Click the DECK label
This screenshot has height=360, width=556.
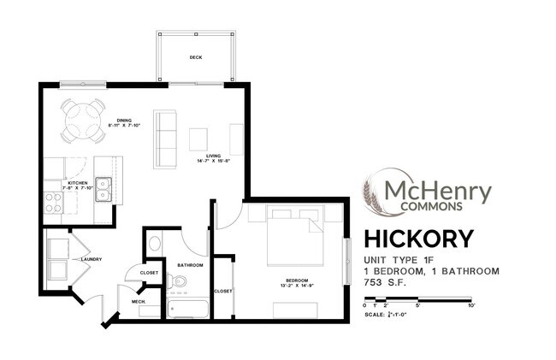point(195,58)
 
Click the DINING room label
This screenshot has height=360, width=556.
point(124,122)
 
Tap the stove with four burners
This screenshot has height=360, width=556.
point(52,202)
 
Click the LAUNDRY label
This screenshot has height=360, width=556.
point(92,259)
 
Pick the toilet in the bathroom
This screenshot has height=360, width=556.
point(154,244)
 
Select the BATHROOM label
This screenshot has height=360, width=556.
point(190,265)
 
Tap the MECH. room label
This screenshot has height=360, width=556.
point(137,302)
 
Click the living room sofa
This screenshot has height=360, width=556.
point(165,139)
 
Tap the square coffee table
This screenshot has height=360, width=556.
point(198,139)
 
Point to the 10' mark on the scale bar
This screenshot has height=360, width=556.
point(470,305)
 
